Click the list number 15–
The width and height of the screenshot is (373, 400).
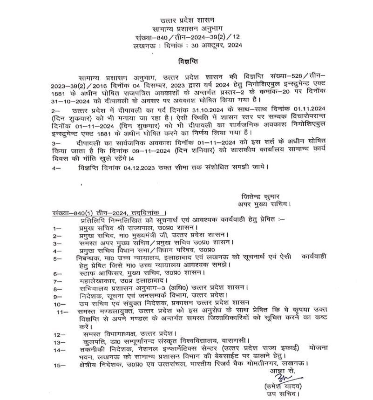59,366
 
